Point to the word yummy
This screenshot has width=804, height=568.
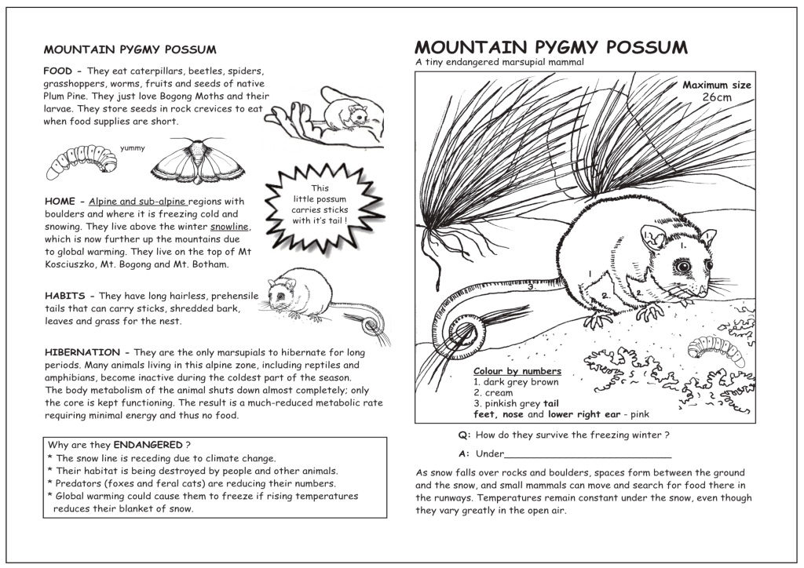132,148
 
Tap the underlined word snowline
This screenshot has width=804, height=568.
230,227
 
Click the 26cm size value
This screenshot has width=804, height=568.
716,97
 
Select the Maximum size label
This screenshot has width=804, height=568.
716,85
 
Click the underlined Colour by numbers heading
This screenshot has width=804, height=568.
517,371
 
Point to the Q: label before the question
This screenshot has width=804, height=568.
464,435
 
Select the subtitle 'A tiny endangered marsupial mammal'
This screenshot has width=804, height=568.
499,63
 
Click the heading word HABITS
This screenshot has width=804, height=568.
69,296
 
